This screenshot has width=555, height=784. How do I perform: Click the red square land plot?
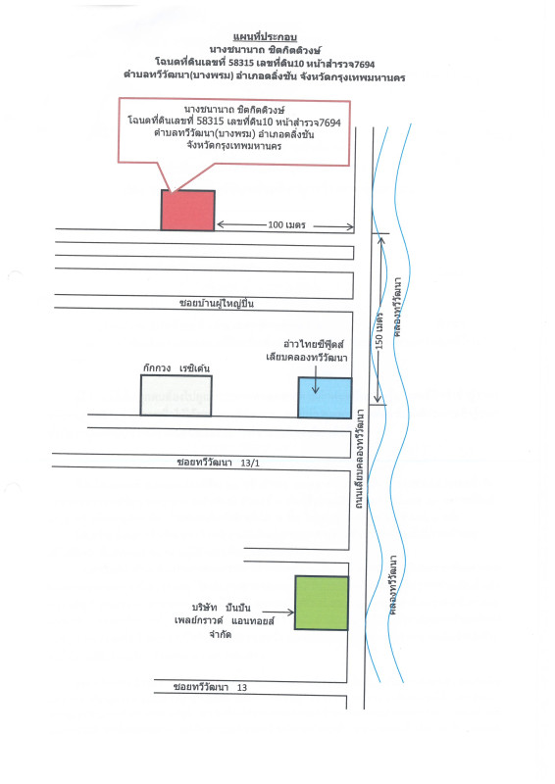187,210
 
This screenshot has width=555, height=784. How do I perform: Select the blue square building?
325,398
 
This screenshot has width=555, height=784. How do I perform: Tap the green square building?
322,603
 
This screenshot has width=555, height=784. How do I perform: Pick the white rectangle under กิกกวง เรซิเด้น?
176,395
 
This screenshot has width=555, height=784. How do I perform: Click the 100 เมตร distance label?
286,225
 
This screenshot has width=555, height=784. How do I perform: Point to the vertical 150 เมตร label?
379,331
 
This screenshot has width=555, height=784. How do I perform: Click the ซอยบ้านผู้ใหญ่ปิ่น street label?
216,303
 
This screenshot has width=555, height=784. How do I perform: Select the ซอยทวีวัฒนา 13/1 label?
219,463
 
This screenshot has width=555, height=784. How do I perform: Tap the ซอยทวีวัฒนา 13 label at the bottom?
210,687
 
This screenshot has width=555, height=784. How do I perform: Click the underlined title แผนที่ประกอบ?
265,37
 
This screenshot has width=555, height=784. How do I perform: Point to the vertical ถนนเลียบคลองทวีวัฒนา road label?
359,459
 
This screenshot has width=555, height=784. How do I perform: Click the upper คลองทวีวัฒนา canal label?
398,307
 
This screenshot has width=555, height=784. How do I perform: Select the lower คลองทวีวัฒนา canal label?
394,584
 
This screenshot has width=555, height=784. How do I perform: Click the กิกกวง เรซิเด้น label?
177,368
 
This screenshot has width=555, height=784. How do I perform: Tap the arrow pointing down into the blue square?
316,379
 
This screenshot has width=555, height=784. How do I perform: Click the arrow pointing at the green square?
278,612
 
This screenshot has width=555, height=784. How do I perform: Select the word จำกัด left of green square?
221,634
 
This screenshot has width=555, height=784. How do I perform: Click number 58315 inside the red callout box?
210,122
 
